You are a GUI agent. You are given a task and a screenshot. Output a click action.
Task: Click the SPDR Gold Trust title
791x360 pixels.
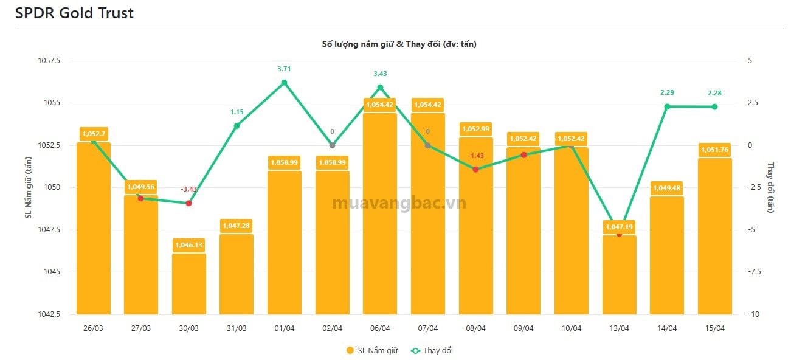[74, 13]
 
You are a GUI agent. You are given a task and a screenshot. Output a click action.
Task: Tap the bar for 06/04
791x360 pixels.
[380, 213]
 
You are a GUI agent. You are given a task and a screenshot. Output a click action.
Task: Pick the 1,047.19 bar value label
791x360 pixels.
[620, 227]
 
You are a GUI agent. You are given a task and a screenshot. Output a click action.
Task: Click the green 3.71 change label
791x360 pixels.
[284, 69]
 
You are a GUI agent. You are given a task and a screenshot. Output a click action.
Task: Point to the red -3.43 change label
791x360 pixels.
[188, 189]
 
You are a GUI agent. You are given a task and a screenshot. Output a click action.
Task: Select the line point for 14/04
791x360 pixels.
[667, 106]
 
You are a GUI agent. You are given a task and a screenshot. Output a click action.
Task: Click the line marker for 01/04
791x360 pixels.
[284, 83]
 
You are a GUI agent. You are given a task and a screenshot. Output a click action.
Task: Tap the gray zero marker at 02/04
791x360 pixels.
[332, 145]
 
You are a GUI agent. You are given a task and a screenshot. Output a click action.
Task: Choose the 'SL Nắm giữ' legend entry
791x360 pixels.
[371, 350]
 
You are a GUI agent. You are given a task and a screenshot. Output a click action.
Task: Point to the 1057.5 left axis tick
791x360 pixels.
[50, 61]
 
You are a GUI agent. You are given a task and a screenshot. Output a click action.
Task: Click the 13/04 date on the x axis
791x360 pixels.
[620, 328]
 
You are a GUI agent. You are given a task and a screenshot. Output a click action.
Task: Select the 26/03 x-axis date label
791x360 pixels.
[93, 328]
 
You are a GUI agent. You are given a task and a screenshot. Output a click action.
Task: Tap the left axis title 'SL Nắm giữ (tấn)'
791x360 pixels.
[27, 187]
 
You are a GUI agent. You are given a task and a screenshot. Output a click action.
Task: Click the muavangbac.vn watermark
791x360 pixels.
[399, 203]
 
